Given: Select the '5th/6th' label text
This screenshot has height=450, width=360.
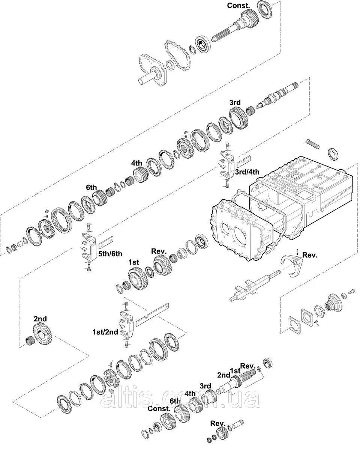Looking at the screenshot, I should [x=110, y=253].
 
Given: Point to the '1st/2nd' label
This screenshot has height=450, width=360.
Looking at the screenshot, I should [x=105, y=332].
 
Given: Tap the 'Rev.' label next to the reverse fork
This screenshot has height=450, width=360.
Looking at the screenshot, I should [x=310, y=255].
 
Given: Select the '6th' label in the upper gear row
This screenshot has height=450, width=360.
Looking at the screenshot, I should [x=91, y=187].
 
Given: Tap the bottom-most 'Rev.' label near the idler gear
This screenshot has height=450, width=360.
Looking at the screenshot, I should [x=217, y=423].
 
